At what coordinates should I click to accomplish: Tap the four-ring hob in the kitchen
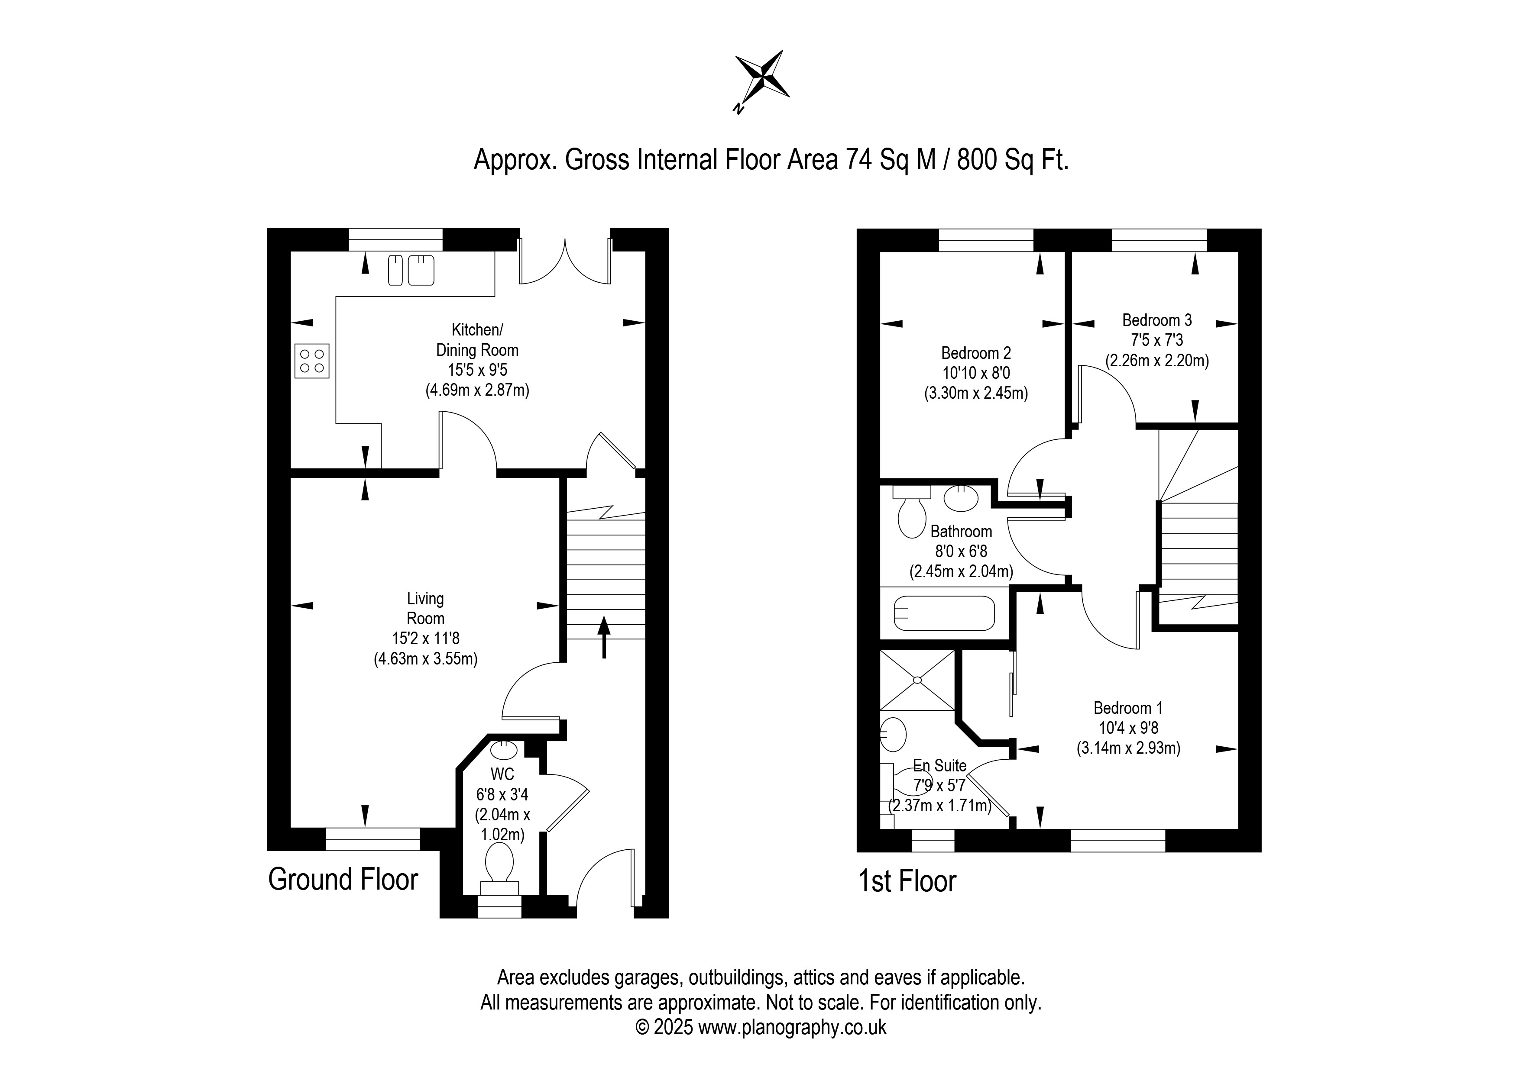pyautogui.click(x=311, y=361)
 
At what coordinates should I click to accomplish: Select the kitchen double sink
pyautogui.click(x=411, y=270)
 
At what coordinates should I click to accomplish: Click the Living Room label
pyautogui.click(x=425, y=608)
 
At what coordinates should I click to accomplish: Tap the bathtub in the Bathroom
pyautogui.click(x=944, y=613)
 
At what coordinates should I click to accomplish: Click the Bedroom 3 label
pyautogui.click(x=1157, y=320)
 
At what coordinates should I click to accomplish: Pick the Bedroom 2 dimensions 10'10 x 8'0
pyautogui.click(x=976, y=373)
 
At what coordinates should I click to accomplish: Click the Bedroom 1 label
pyautogui.click(x=1128, y=708)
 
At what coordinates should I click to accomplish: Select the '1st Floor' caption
pyautogui.click(x=907, y=881)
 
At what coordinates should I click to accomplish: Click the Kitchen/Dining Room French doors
pyautogui.click(x=565, y=261)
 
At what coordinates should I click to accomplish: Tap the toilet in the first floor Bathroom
pyautogui.click(x=912, y=512)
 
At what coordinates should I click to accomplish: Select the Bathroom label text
pyautogui.click(x=961, y=531)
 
